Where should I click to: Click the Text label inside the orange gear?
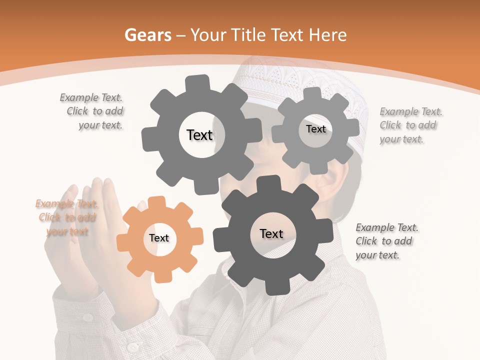coord(159,238)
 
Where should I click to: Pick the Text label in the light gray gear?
coord(315,129)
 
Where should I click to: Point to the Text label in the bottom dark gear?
coord(271,233)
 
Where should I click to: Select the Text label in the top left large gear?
coord(199,135)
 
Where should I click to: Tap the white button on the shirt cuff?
coord(132,346)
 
